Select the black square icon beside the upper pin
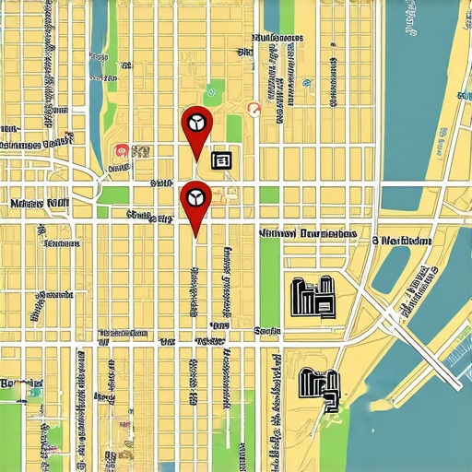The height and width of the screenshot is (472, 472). pos(222,160)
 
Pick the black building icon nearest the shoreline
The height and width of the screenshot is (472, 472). pos(319,386)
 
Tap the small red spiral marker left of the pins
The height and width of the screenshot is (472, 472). pos(119,150)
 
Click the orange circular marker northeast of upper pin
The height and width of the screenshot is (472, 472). pos(254,110)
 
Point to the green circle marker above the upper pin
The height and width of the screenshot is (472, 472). pos(211,92)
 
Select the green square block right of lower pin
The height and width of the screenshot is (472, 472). pos(268,195)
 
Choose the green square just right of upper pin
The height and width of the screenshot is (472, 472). pos(234,127)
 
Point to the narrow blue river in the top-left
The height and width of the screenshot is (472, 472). pos(98,83)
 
